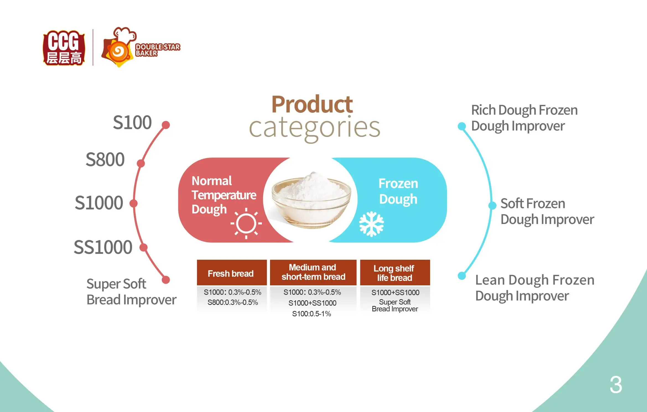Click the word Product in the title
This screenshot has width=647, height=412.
point(312,104)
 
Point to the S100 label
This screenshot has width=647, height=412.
point(132,122)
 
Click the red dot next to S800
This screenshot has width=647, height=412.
point(141,163)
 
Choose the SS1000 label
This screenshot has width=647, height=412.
point(103,247)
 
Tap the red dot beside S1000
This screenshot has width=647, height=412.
point(134,204)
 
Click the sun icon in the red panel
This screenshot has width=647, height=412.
point(246,223)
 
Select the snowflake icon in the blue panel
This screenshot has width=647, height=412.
point(371,224)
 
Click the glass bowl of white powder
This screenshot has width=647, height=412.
point(311,200)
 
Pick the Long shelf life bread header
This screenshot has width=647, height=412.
point(395,273)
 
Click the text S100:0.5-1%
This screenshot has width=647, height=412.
point(311,314)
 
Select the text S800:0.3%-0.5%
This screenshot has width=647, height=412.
point(233,303)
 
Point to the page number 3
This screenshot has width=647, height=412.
point(616,385)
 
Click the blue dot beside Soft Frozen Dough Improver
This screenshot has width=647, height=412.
point(492,205)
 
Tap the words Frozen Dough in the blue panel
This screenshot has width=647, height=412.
point(398,191)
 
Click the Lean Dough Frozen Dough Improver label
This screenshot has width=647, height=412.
point(534,288)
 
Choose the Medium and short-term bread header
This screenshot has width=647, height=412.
point(313,272)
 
